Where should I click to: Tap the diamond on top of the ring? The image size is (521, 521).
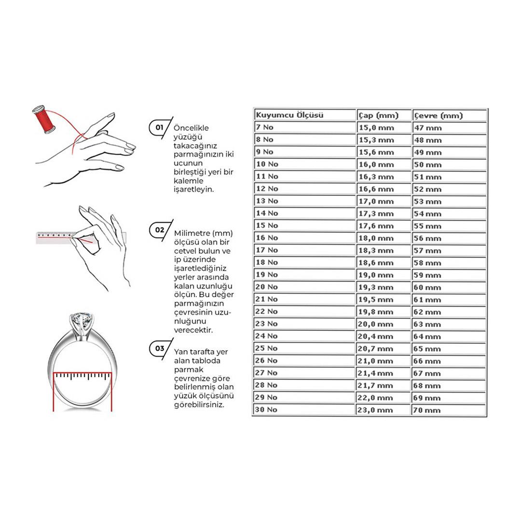coord(80,320)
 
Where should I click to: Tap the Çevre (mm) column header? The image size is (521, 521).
coord(438,115)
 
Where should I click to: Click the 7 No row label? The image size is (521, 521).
coord(264,127)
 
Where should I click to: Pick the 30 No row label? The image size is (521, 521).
coord(266,410)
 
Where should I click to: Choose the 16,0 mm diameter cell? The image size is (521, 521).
coord(376,165)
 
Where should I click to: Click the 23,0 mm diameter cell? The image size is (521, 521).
coord(376,410)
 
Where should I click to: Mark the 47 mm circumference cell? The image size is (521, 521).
coord(427,128)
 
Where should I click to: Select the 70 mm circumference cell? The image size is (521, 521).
coord(427,410)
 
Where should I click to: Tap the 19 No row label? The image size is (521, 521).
coord(266,274)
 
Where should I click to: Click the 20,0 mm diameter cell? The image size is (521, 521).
coord(376,324)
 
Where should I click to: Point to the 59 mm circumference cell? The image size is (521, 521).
coord(427,275)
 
